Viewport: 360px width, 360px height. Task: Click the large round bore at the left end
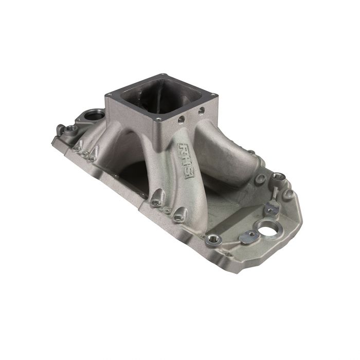coord(95,112)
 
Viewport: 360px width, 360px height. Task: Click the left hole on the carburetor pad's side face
coord(181,121)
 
